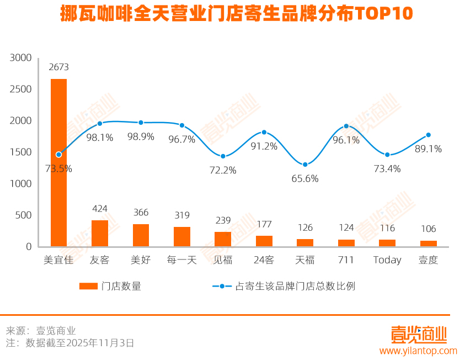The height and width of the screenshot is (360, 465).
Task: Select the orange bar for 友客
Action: [100, 234]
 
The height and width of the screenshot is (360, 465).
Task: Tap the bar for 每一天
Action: [182, 237]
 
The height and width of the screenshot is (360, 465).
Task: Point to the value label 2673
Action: [58, 67]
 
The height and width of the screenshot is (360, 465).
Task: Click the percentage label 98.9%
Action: [141, 136]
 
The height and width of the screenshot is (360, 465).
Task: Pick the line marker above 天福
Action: [305, 165]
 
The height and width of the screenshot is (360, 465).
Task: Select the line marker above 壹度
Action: [428, 135]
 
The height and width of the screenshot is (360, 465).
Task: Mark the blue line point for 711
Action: [346, 126]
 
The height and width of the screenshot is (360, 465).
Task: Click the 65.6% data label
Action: [305, 178]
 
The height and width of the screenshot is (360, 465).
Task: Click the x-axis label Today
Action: [387, 260]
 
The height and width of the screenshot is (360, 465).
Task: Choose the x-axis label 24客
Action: [264, 260]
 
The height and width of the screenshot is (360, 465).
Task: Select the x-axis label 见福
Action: [223, 260]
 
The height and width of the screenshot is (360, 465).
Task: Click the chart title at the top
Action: [236, 14]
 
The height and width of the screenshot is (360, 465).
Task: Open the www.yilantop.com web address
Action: [418, 351]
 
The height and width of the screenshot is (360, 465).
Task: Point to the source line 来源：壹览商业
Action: [41, 331]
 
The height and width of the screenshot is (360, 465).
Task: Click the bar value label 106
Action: [428, 229]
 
